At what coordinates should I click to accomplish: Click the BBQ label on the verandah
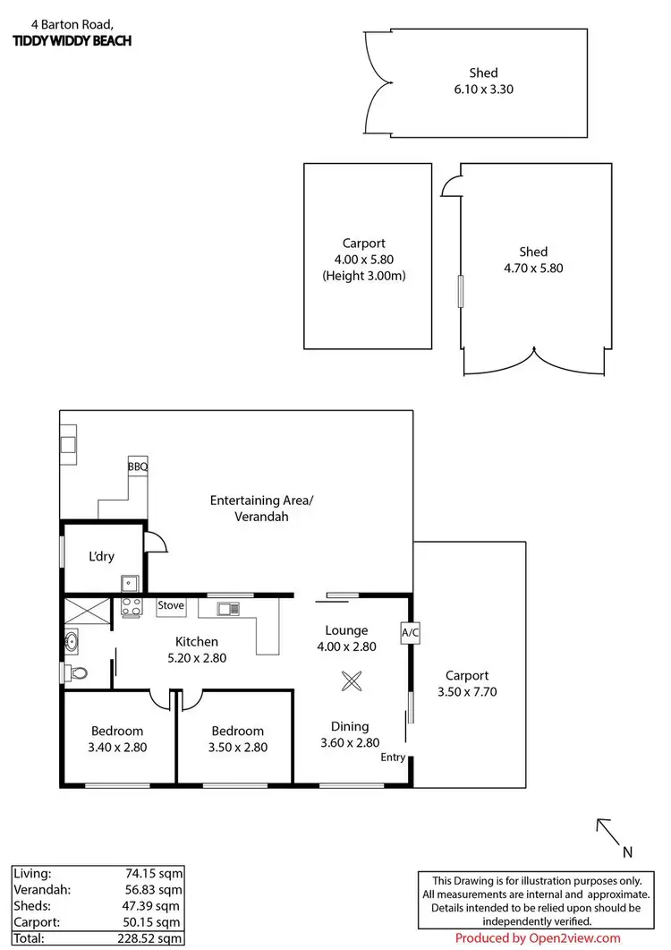(x=138, y=466)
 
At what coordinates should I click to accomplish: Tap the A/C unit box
(x=410, y=632)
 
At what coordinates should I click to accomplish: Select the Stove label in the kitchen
(x=171, y=606)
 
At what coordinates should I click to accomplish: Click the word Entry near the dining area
(x=393, y=757)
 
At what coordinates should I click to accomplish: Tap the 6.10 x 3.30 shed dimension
(x=483, y=89)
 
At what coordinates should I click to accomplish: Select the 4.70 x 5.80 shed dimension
(x=533, y=268)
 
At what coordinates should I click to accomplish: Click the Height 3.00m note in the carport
(x=364, y=276)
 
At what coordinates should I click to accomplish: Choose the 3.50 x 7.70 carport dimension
(x=468, y=691)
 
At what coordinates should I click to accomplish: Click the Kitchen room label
(x=197, y=641)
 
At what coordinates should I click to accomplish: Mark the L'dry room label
(x=101, y=556)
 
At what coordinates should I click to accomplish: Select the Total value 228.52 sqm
(x=150, y=937)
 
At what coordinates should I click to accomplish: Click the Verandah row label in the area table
(x=42, y=889)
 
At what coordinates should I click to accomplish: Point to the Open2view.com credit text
(x=537, y=938)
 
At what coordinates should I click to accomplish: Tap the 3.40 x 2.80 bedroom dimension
(x=117, y=747)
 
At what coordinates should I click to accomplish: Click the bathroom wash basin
(x=71, y=640)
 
